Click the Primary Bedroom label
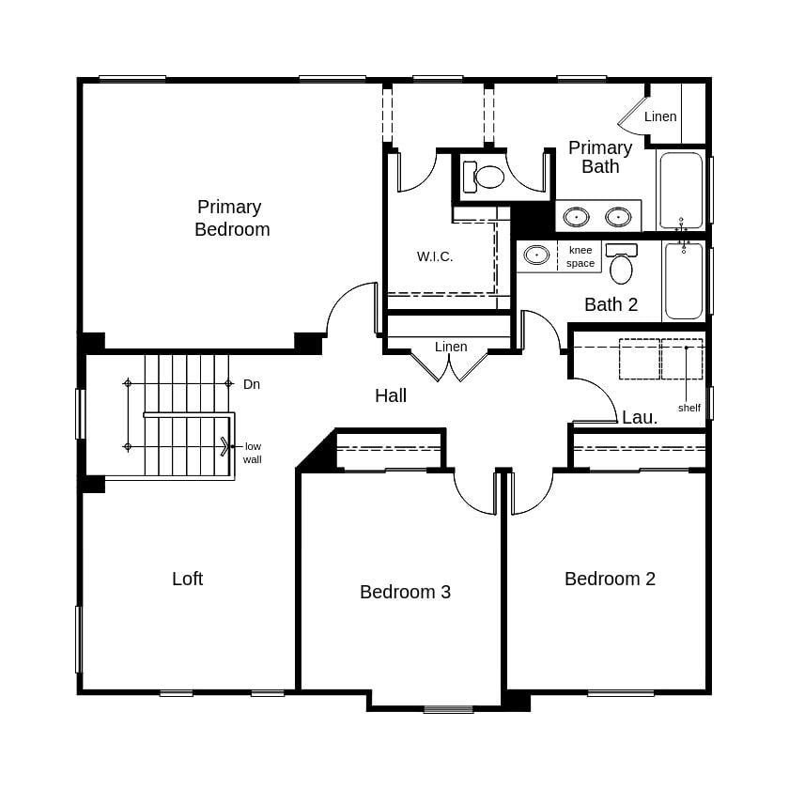(231, 218)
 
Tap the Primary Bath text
(600, 158)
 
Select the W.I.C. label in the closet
(435, 256)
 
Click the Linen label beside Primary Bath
(660, 116)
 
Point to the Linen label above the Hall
(451, 347)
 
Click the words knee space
(580, 256)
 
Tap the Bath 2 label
(611, 304)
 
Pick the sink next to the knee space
(536, 255)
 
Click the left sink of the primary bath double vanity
(576, 217)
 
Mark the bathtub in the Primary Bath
(680, 190)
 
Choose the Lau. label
(640, 418)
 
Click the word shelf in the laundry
(688, 408)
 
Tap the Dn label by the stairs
(252, 384)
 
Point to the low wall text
(253, 453)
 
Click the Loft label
(187, 579)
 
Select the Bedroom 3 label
(405, 592)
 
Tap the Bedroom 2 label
(610, 579)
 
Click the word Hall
(391, 396)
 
